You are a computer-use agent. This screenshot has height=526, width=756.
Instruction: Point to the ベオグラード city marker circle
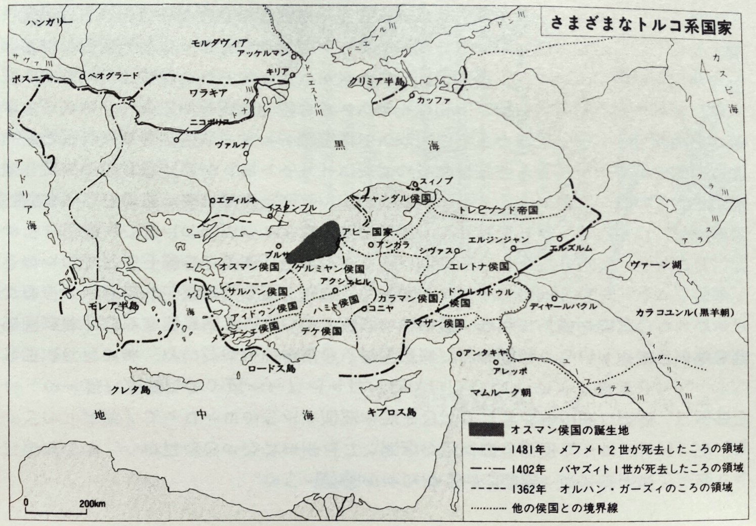tap(82, 76)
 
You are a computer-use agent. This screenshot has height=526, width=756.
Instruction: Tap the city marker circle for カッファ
tap(412, 95)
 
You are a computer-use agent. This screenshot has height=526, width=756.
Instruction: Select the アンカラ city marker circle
tap(371, 244)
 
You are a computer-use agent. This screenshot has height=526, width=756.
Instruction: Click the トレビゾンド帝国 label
tap(495, 210)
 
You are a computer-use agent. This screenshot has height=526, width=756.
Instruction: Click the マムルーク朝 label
tap(501, 392)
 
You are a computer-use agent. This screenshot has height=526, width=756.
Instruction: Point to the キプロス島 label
tap(392, 412)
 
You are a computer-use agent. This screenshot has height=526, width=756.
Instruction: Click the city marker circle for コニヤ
tap(364, 308)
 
